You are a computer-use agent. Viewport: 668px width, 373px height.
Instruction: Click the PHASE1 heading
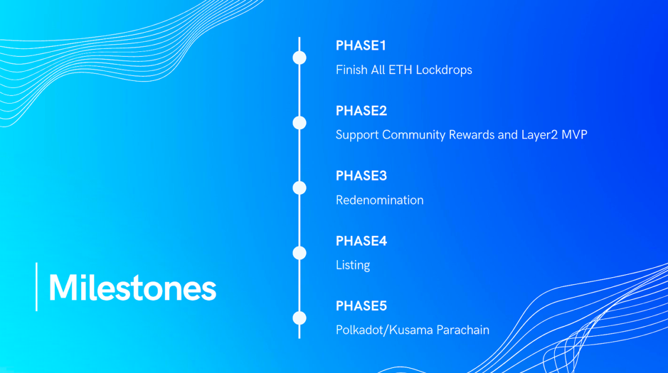tap(361, 45)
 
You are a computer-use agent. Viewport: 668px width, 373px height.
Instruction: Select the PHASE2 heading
tap(361, 111)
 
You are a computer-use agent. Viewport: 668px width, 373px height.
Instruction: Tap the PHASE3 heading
tap(361, 175)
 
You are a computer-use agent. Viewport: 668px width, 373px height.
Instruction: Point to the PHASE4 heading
tap(361, 241)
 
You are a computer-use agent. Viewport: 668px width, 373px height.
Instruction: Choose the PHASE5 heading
tap(361, 306)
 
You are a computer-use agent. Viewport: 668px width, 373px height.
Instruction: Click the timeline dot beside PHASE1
tap(299, 58)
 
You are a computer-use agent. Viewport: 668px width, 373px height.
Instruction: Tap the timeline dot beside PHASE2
tap(299, 123)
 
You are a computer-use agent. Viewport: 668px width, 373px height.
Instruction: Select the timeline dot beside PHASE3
tap(299, 188)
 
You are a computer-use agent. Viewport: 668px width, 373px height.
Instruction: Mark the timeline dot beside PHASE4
tap(299, 253)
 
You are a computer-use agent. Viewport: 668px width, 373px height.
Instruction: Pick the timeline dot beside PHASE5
tap(299, 318)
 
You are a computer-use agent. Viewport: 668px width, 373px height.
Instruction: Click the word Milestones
tap(132, 288)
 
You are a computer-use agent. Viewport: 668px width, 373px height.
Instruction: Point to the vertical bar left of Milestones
tap(37, 286)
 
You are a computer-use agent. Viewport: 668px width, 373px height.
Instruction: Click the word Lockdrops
tap(444, 70)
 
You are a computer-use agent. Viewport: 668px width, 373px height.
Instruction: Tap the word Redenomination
tap(380, 200)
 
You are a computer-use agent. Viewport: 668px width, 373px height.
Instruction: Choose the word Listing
tap(353, 266)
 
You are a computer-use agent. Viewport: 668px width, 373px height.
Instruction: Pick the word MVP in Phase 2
tap(574, 135)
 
